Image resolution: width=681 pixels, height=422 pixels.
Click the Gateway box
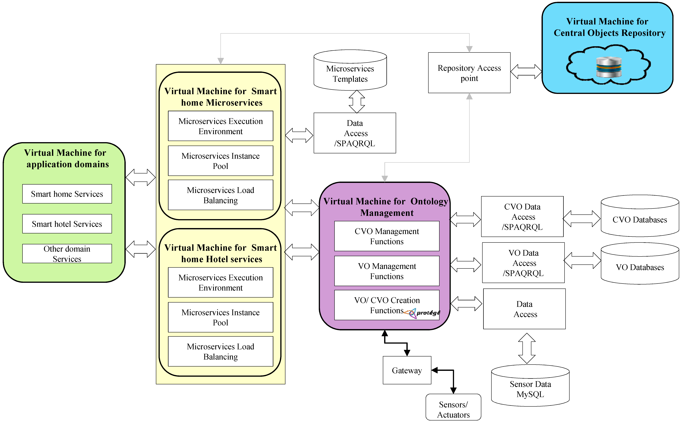tap(407, 370)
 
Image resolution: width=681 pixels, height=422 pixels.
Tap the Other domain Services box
tap(67, 253)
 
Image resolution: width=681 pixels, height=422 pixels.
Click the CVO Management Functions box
tap(387, 236)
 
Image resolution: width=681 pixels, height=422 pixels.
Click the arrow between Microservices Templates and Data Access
tap(357, 102)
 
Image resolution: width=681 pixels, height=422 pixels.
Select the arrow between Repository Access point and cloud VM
tap(526, 72)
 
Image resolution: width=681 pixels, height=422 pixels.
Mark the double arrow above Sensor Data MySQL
tap(527, 348)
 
